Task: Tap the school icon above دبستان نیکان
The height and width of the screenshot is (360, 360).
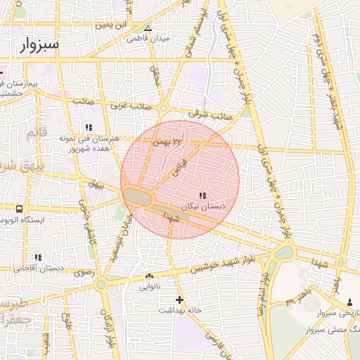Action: coord(202,195)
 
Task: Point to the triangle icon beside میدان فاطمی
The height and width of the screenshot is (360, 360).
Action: coord(148,29)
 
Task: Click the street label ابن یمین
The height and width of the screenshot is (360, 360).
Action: coord(114,25)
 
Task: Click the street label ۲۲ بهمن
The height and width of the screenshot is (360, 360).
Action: coord(167,141)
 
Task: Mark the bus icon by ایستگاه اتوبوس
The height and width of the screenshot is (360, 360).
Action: coord(18,209)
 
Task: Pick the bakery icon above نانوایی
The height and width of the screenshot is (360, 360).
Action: coord(148,276)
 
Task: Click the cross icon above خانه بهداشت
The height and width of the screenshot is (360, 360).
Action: coord(180,299)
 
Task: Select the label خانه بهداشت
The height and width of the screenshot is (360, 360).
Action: coord(180,310)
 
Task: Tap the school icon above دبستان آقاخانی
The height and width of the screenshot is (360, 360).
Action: coord(37,257)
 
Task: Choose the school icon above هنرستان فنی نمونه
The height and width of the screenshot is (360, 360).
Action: coord(89,127)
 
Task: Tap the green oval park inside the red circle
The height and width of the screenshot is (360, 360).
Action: coord(139,197)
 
